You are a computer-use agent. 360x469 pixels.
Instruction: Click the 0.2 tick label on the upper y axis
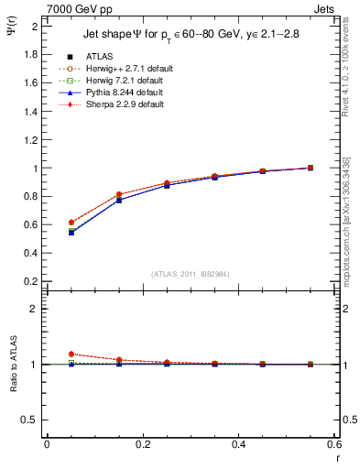(x=32, y=281)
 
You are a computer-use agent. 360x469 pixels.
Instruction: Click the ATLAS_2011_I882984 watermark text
(x=190, y=274)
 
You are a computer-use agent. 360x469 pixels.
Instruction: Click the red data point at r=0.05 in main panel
(x=71, y=223)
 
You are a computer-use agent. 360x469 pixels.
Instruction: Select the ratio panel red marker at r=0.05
(x=71, y=354)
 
